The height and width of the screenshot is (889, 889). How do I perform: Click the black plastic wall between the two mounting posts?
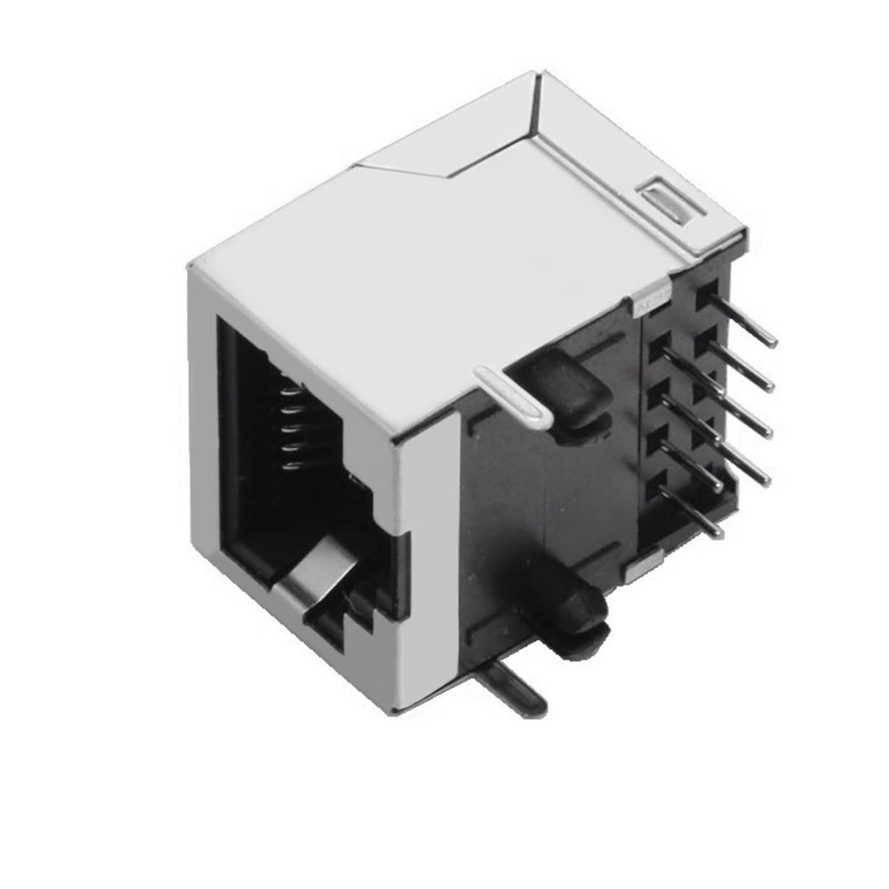click(x=504, y=504)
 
